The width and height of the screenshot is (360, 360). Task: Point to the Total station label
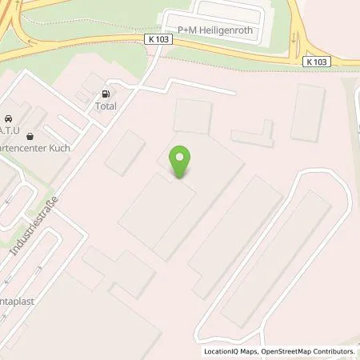[106, 106]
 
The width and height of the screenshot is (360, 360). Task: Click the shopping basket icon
[30, 136]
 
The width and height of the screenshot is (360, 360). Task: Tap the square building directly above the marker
[193, 117]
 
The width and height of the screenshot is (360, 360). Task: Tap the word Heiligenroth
[226, 30]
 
